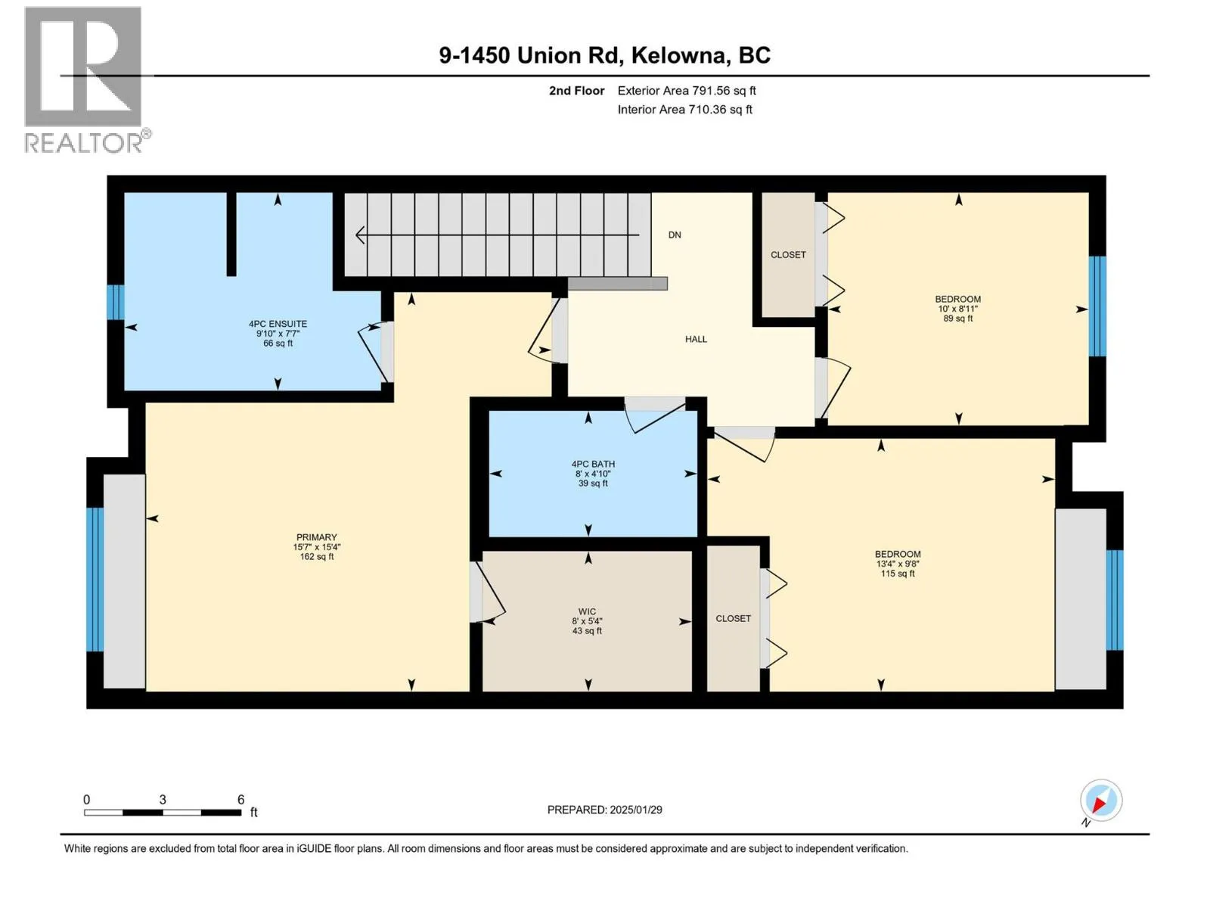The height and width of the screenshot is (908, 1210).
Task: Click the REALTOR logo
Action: coord(87,80)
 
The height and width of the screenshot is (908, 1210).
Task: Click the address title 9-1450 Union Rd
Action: coord(530,55)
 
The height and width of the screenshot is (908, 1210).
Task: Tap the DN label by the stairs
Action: coord(674,235)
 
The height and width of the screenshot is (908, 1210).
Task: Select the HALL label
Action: coord(696,339)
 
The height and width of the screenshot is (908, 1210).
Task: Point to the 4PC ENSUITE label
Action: coord(278,324)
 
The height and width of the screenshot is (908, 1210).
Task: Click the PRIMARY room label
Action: coord(316,537)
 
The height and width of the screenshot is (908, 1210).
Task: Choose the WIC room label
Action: coord(587,611)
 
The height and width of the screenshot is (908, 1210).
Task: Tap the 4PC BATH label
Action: coord(593,464)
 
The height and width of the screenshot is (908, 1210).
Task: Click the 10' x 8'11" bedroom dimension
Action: coord(958,309)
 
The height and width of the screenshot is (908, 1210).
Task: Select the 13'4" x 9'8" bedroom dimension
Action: coord(898,564)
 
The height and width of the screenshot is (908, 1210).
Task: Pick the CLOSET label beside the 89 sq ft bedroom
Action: coord(788,255)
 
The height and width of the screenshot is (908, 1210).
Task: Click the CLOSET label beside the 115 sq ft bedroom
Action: coord(733,618)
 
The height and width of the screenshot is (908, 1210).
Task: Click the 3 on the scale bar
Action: coord(163,799)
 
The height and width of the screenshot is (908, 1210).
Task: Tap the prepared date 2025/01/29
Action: coord(635,810)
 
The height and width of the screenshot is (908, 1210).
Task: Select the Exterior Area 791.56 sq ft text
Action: coord(687,90)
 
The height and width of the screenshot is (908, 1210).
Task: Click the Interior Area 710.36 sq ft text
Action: coord(684,109)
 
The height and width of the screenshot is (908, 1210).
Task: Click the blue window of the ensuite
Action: coord(115,302)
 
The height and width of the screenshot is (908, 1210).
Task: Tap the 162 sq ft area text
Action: coord(317,556)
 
